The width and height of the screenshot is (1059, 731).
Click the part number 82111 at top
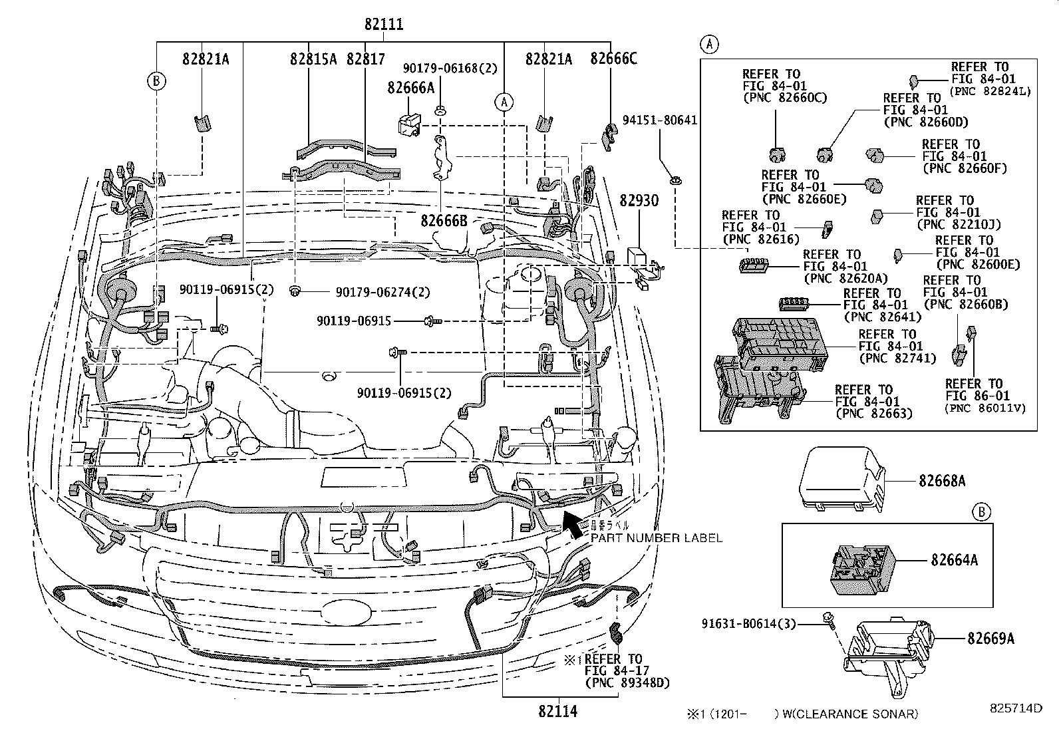click(x=384, y=25)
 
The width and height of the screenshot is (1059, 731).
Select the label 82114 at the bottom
click(x=557, y=711)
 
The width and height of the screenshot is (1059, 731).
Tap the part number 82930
click(x=639, y=200)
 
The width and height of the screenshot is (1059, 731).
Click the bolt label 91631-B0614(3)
click(x=748, y=624)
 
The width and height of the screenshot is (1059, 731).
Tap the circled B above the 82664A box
click(x=981, y=512)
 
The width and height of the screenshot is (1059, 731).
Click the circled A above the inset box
click(x=710, y=45)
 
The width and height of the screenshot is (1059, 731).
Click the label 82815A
click(x=313, y=59)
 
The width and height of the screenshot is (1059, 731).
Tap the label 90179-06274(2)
click(x=382, y=292)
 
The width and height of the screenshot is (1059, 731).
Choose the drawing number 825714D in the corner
click(x=1014, y=708)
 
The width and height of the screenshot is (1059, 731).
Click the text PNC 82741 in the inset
click(x=897, y=358)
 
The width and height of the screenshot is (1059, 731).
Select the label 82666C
click(x=613, y=59)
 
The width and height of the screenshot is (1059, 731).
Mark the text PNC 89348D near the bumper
click(x=627, y=683)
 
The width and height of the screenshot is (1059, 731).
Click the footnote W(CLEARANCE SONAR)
click(x=850, y=714)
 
